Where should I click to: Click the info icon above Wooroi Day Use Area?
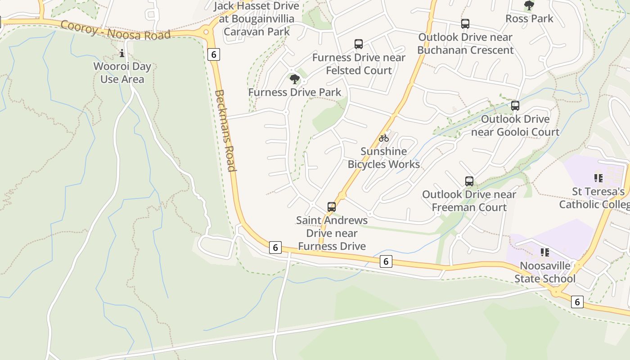pyautogui.click(x=122, y=54)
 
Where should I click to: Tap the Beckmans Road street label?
pyautogui.click(x=225, y=130)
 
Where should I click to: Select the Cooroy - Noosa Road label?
pyautogui.click(x=116, y=30)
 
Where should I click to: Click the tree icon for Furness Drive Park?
pyautogui.click(x=295, y=80)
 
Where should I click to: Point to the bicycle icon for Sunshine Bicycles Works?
pyautogui.click(x=384, y=138)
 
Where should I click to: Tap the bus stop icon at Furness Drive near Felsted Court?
pyautogui.click(x=359, y=44)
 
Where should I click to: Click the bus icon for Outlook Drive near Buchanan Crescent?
pyautogui.click(x=465, y=24)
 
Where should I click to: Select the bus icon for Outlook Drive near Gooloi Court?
pyautogui.click(x=515, y=106)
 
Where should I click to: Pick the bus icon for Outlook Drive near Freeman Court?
pyautogui.click(x=469, y=181)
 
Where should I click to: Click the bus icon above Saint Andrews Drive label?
pyautogui.click(x=332, y=207)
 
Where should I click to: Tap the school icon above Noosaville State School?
pyautogui.click(x=545, y=252)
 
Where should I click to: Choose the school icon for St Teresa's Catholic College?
pyautogui.click(x=598, y=178)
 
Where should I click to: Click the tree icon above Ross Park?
pyautogui.click(x=529, y=5)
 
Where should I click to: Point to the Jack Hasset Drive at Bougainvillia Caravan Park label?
pyautogui.click(x=256, y=19)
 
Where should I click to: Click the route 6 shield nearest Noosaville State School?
pyautogui.click(x=577, y=301)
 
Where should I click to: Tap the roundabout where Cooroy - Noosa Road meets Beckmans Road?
pyautogui.click(x=207, y=31)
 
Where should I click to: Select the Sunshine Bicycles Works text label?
pyautogui.click(x=384, y=158)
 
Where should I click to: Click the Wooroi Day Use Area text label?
pyautogui.click(x=122, y=73)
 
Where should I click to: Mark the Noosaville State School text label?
pyautogui.click(x=545, y=272)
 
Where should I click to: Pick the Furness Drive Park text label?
pyautogui.click(x=295, y=92)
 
